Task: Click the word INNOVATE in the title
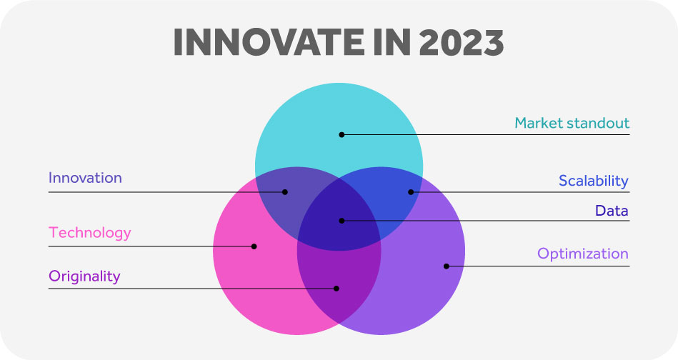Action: coord(269,42)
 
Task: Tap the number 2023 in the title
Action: coord(462,42)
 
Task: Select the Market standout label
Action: coord(572,123)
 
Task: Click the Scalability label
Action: coord(593,181)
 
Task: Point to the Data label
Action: coord(612,211)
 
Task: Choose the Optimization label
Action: coord(582,254)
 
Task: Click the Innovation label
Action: coord(85,178)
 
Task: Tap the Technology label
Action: coord(89,233)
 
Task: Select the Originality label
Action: coord(84,276)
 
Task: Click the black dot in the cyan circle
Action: coord(342,135)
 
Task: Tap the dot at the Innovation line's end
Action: coord(285,192)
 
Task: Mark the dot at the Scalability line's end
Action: coord(411,192)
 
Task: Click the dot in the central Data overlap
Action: coord(342,221)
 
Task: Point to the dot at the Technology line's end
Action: coord(254,246)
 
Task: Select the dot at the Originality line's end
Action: coord(336,289)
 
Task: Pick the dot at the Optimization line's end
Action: coord(447,266)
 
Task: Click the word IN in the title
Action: coord(392,42)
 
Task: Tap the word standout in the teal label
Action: coord(599,123)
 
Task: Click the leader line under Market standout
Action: coord(486,135)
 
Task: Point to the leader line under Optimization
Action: coord(538,266)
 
